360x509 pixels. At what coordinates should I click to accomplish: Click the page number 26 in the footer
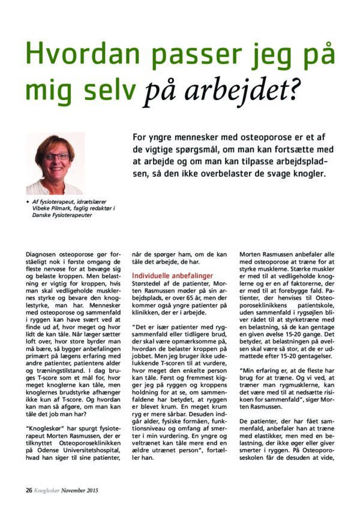(29, 490)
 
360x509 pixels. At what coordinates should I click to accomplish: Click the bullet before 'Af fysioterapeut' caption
(28, 203)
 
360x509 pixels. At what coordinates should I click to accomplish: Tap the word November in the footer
(77, 490)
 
